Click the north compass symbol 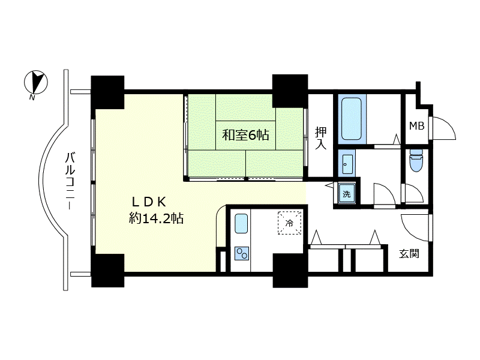(36, 82)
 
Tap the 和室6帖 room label (245, 134)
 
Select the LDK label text (149, 202)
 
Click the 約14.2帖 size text (156, 218)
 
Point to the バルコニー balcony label (70, 181)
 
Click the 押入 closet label (320, 138)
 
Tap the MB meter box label (416, 125)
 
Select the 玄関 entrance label (409, 254)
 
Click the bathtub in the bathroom (352, 118)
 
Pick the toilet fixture (416, 160)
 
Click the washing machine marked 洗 (347, 193)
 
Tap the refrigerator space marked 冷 (289, 223)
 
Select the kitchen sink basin (241, 223)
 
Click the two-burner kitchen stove (242, 253)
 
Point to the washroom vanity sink (347, 164)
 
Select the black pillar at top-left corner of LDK (108, 92)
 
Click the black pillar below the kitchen (290, 271)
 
